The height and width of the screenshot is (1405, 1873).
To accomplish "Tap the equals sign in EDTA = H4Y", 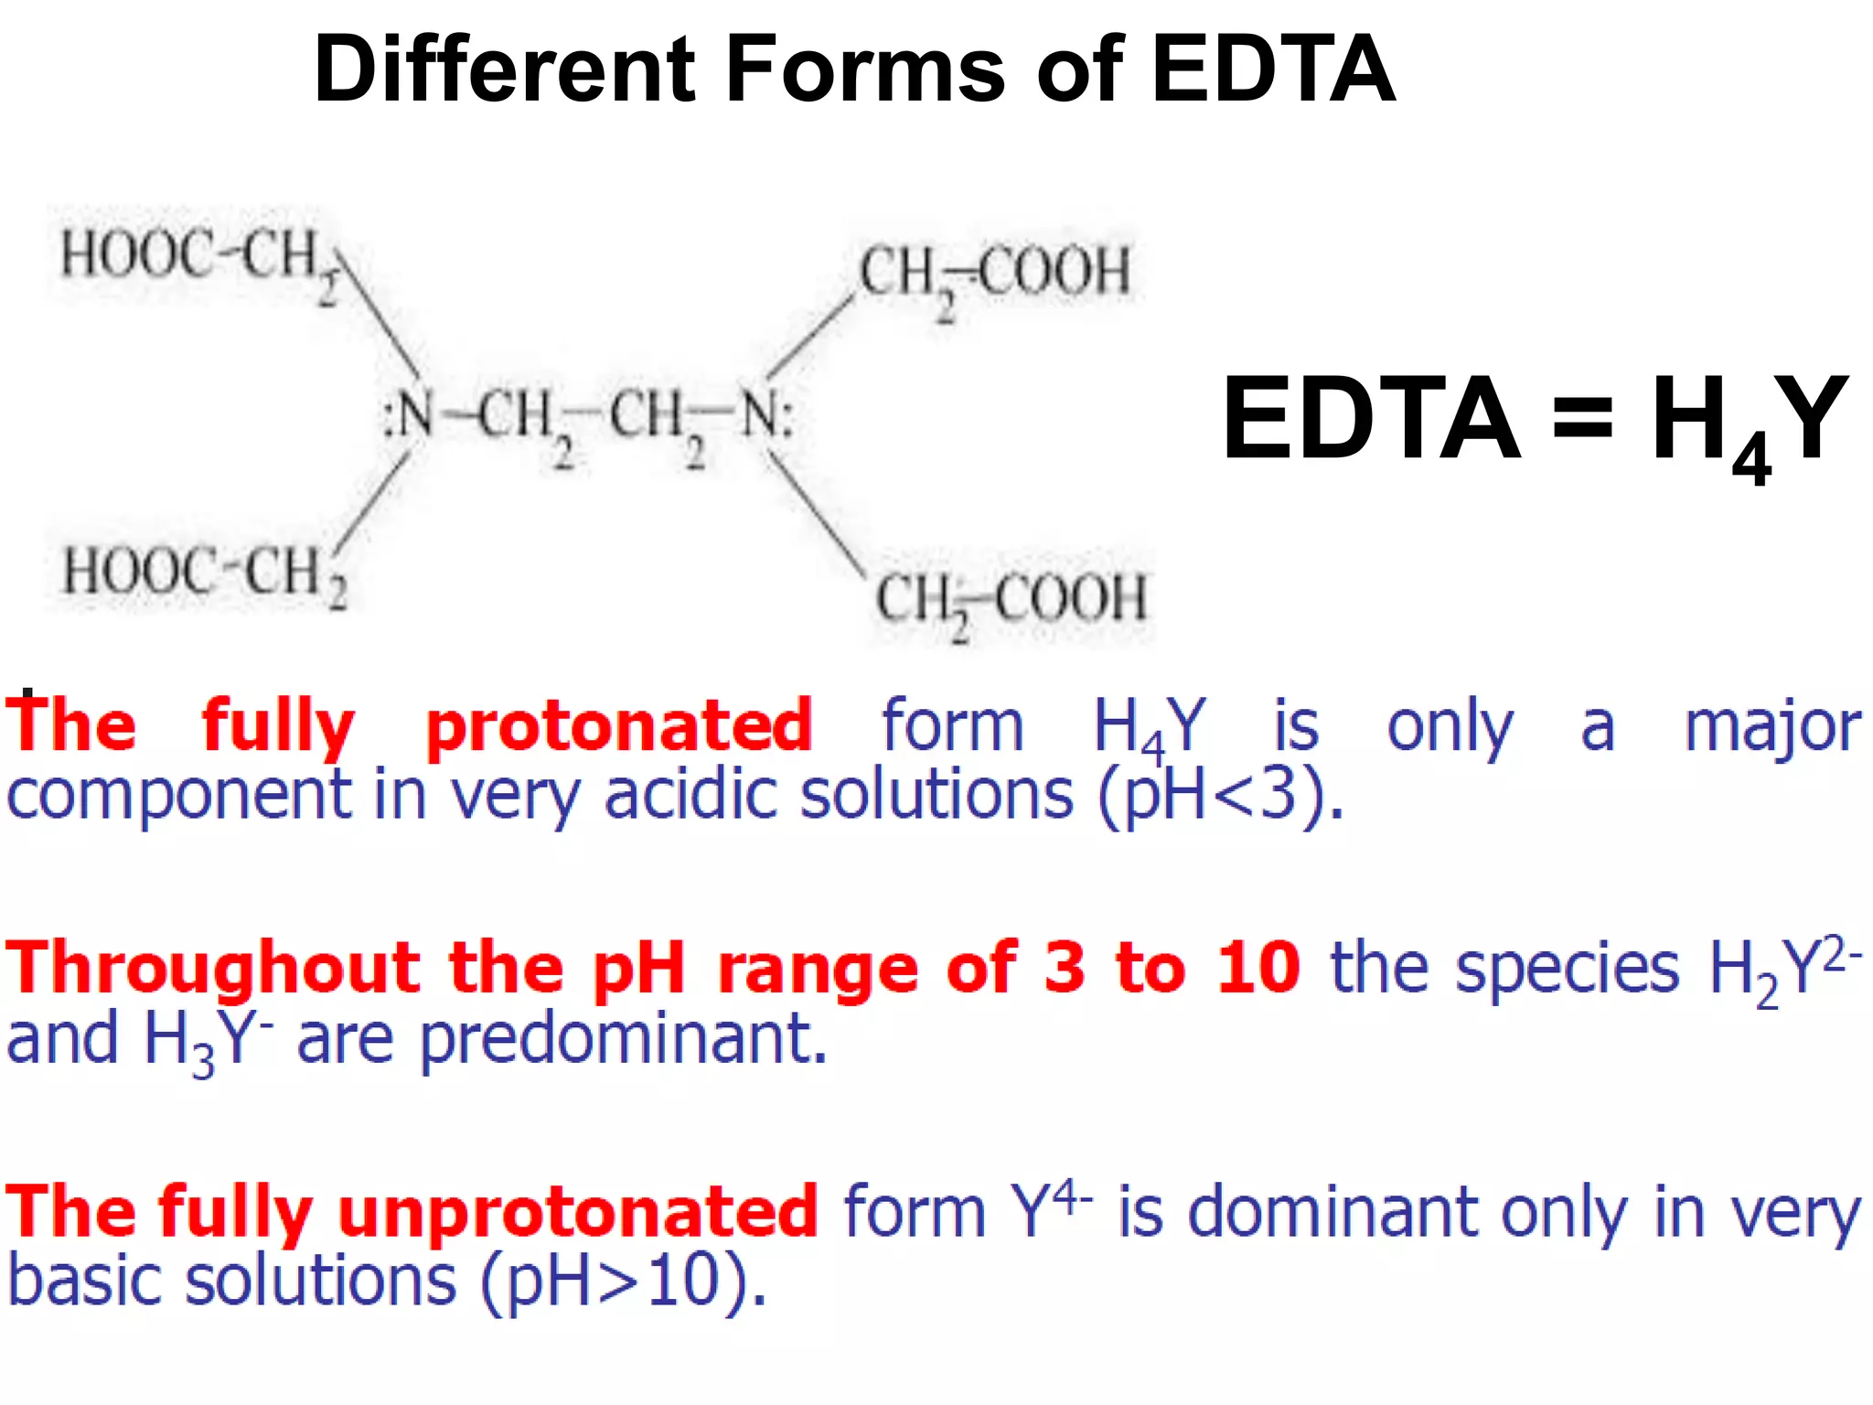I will pyautogui.click(x=1583, y=420).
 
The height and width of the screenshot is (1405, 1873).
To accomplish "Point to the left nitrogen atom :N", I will pyautogui.click(x=409, y=418).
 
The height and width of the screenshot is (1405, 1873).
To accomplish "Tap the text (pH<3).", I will pyautogui.click(x=1221, y=794).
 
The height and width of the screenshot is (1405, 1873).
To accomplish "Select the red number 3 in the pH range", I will pyautogui.click(x=1065, y=968).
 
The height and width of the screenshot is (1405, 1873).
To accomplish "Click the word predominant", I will pyautogui.click(x=623, y=1039).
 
